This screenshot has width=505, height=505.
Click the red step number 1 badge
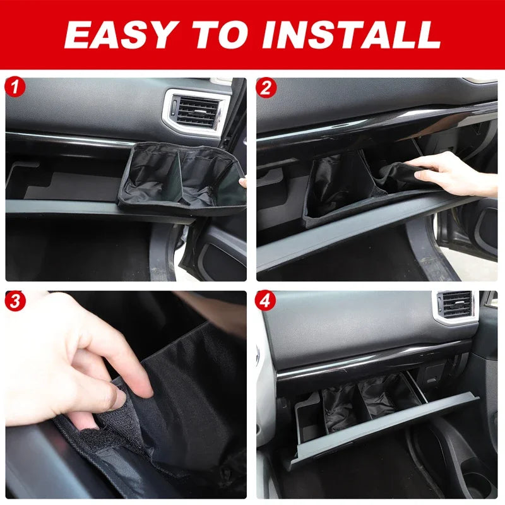pos(15,87)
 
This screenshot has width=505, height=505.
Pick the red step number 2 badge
pos(266,88)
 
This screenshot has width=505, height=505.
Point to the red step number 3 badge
pos(15,301)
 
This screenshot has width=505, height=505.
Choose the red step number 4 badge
pos(265,301)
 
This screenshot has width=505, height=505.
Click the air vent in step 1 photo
pos(196,112)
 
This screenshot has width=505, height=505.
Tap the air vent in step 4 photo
pos(456,306)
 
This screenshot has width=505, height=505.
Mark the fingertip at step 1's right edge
pos(243,182)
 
